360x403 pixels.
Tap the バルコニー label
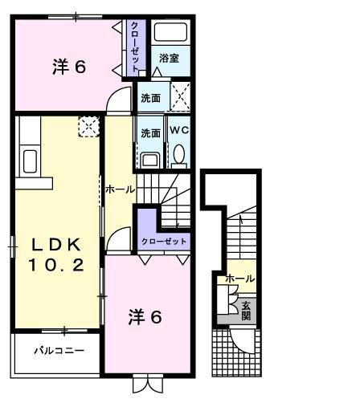(58, 351)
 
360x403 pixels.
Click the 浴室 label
(168, 58)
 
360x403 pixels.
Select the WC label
(178, 129)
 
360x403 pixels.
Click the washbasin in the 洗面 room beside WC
(149, 157)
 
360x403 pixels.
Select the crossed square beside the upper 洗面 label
(179, 98)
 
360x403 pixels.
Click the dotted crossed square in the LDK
(87, 125)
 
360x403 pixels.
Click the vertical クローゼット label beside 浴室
(136, 45)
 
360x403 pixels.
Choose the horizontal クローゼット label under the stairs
(164, 241)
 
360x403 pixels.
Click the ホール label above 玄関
(239, 279)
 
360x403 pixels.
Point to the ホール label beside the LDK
(120, 190)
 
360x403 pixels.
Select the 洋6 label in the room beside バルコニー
(145, 316)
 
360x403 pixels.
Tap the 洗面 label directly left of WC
(149, 132)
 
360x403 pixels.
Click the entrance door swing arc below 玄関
(239, 340)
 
